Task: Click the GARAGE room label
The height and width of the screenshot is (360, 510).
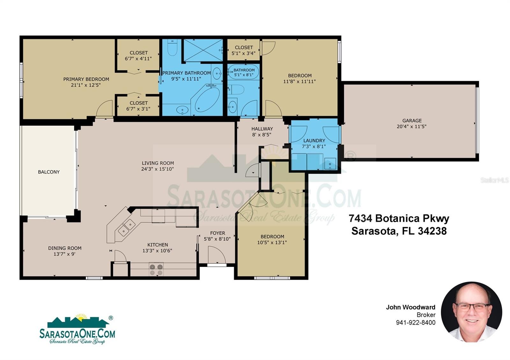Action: [412, 121]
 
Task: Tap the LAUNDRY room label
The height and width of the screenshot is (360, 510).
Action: [314, 140]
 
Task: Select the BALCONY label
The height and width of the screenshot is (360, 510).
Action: [49, 172]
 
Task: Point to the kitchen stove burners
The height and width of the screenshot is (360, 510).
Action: [156, 270]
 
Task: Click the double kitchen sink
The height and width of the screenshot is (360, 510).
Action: [126, 227]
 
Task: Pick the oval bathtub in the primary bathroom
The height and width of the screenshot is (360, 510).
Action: [207, 100]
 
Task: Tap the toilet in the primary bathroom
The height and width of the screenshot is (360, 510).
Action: [172, 47]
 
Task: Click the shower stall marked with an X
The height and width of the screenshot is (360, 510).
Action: [203, 50]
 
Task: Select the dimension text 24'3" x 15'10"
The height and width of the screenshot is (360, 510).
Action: [157, 169]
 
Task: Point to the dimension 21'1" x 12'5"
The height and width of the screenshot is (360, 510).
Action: [86, 85]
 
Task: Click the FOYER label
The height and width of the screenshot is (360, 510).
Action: [218, 233]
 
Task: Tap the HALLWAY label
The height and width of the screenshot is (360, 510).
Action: [262, 129]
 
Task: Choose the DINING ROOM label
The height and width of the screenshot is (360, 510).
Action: [65, 248]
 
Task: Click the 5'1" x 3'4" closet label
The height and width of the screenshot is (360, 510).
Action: [244, 53]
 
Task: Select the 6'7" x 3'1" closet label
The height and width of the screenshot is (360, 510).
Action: [138, 109]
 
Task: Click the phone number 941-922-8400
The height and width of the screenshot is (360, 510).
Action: [416, 322]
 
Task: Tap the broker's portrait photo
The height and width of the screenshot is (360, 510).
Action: [471, 312]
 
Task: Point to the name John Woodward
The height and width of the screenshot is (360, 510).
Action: [411, 307]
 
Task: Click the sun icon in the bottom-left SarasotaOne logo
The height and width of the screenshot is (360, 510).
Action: [81, 317]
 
